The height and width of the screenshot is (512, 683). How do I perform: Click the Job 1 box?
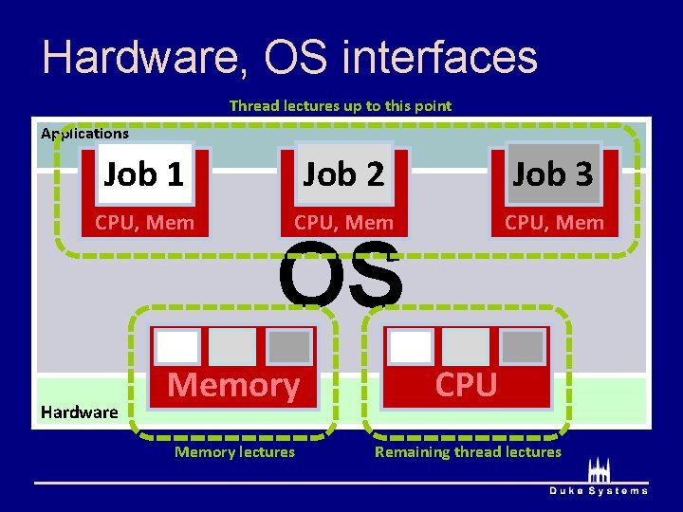click(x=143, y=174)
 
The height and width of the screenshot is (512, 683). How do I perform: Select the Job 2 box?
click(x=343, y=174)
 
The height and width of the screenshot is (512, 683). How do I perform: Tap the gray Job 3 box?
click(x=553, y=174)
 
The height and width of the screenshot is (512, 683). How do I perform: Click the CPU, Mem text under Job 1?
click(x=144, y=223)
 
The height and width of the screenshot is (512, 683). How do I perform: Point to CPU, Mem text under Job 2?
click(x=343, y=223)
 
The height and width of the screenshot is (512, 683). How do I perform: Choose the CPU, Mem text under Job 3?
click(x=554, y=223)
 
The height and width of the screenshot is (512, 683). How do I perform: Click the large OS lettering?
click(x=340, y=275)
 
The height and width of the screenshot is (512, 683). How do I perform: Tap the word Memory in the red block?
click(x=233, y=385)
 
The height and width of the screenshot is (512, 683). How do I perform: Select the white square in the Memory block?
click(x=177, y=347)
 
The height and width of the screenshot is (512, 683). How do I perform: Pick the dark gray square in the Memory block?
click(x=289, y=347)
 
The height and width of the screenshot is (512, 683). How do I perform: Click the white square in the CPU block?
click(x=411, y=346)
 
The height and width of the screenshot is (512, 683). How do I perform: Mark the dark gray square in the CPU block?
click(x=523, y=346)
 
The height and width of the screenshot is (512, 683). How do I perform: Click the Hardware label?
click(x=79, y=411)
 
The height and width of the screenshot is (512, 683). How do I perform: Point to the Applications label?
click(x=84, y=134)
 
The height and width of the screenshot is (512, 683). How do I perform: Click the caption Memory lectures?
click(x=234, y=452)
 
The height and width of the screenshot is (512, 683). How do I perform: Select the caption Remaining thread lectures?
click(x=468, y=452)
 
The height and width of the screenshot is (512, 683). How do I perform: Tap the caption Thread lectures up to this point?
click(x=341, y=105)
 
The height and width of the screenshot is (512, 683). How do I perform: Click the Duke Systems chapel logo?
click(x=599, y=471)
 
